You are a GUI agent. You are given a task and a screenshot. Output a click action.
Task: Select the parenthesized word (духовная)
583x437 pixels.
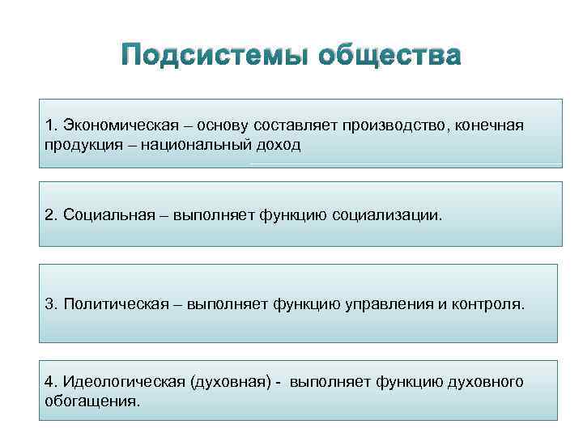click(x=226, y=381)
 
